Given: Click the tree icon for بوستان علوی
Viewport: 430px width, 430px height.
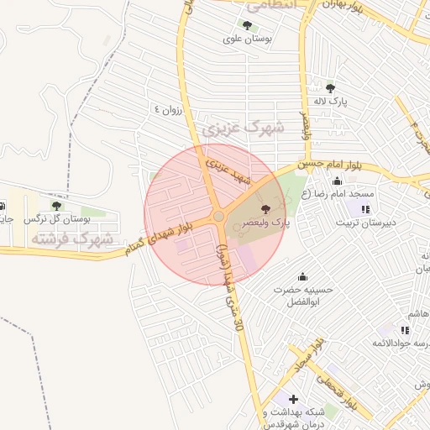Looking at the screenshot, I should pyautogui.click(x=246, y=25).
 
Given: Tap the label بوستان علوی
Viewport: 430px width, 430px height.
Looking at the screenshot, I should pyautogui.click(x=244, y=39).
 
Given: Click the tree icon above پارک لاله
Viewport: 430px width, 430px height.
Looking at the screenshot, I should pyautogui.click(x=330, y=87).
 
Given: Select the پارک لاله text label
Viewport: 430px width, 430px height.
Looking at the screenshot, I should pyautogui.click(x=330, y=101).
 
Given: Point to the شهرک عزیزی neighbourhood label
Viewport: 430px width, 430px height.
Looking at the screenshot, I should pyautogui.click(x=244, y=128).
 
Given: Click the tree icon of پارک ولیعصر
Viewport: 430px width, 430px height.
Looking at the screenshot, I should pyautogui.click(x=266, y=208).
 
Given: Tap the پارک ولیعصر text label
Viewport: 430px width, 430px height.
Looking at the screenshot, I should pyautogui.click(x=265, y=223).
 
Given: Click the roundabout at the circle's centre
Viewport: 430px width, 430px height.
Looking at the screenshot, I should pyautogui.click(x=218, y=217).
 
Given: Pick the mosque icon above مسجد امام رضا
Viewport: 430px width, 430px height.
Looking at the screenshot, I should pyautogui.click(x=338, y=181).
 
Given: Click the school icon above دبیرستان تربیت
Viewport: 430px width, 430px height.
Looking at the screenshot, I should pyautogui.click(x=365, y=209).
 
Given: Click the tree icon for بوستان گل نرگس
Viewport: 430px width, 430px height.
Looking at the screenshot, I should pyautogui.click(x=56, y=206).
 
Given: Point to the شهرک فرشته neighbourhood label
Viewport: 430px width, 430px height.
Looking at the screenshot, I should pyautogui.click(x=71, y=239).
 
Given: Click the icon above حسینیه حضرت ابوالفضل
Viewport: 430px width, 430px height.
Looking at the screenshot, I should pyautogui.click(x=302, y=276).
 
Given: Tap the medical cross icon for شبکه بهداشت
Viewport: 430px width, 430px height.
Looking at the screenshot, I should pyautogui.click(x=292, y=399).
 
